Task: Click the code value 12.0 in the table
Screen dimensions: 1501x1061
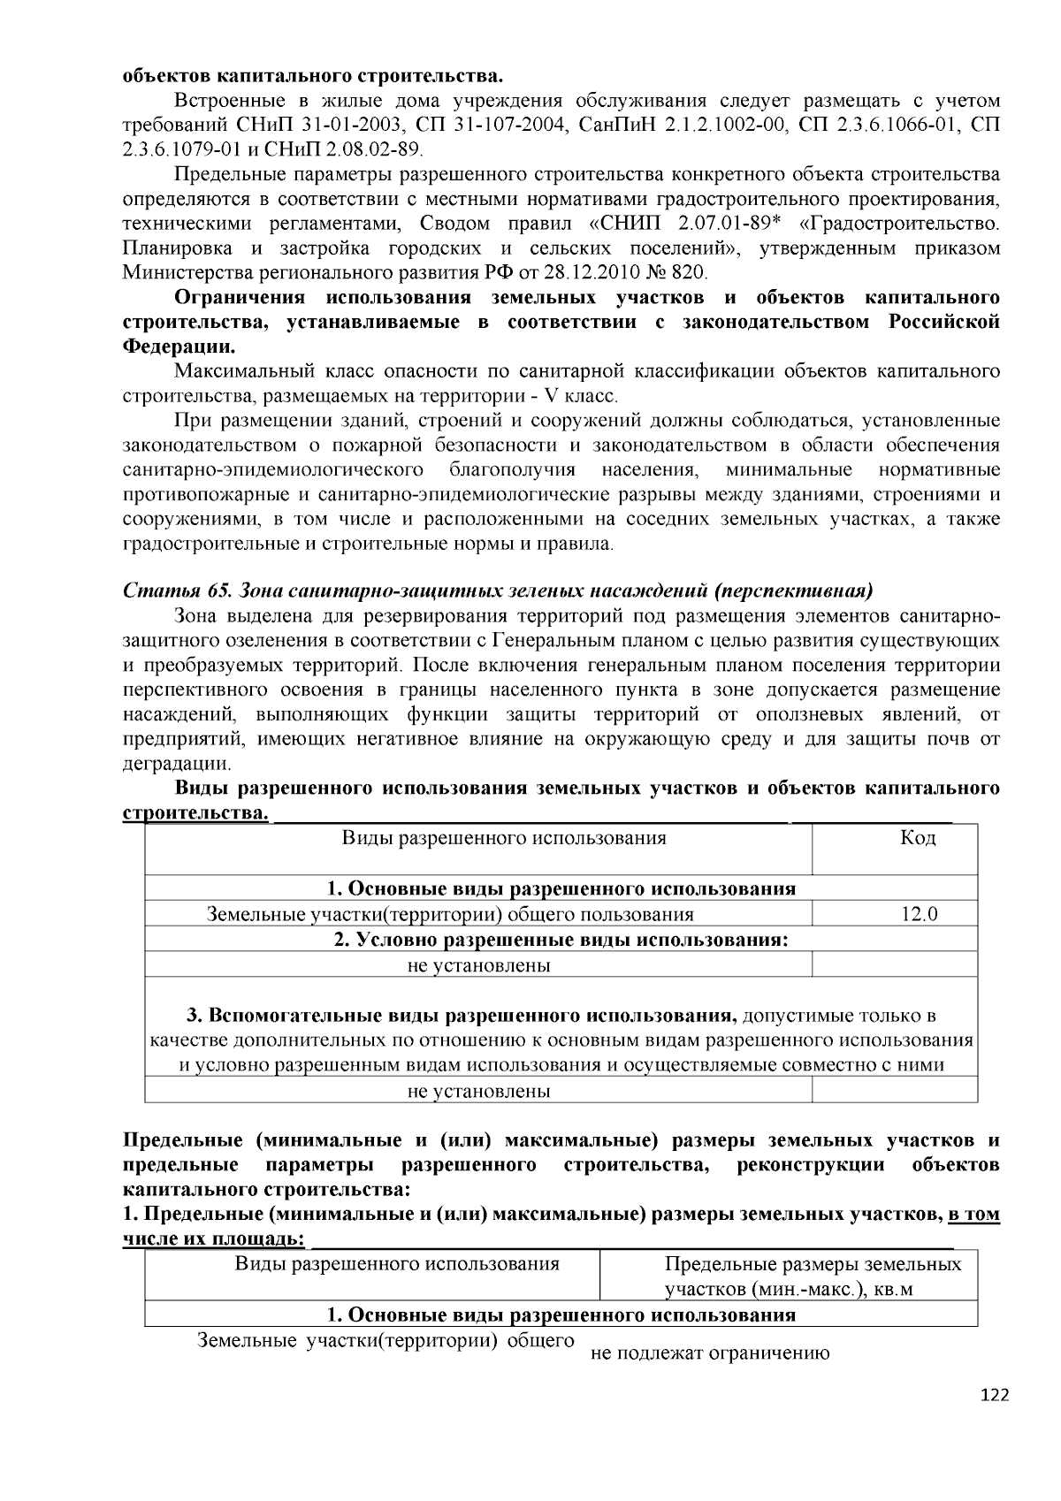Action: point(919,914)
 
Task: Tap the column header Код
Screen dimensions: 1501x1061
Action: point(918,838)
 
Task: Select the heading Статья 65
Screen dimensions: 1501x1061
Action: point(171,590)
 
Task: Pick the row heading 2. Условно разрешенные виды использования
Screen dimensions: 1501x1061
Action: point(561,940)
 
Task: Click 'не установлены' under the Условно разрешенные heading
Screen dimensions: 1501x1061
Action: point(478,965)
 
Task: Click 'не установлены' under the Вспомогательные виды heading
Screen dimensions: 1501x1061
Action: point(478,1091)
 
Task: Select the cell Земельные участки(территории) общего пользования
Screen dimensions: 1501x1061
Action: point(450,914)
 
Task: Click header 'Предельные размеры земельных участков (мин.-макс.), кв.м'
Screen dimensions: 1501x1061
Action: point(813,1276)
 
